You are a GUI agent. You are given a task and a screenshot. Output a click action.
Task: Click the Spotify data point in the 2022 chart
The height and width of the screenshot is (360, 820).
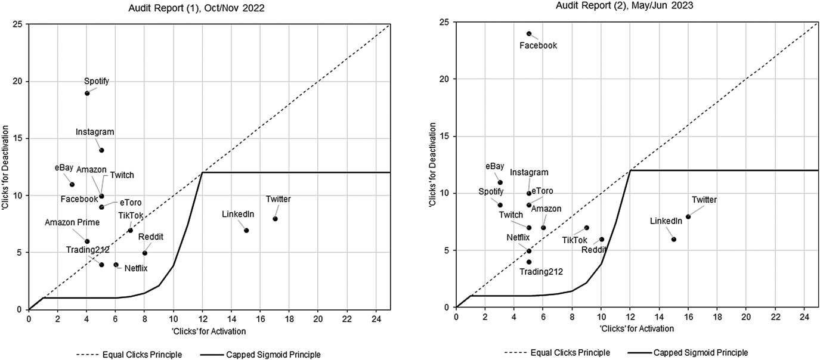pyautogui.click(x=87, y=93)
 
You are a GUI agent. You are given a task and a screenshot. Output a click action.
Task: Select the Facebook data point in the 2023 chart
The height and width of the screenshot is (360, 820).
pyautogui.click(x=529, y=33)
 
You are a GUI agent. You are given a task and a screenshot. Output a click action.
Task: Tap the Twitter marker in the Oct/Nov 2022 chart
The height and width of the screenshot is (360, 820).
pyautogui.click(x=275, y=219)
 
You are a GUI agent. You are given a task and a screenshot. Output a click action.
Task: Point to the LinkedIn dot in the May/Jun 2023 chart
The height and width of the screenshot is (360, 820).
pyautogui.click(x=674, y=239)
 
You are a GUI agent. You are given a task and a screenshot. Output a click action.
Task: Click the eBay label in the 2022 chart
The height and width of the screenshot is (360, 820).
pyautogui.click(x=64, y=169)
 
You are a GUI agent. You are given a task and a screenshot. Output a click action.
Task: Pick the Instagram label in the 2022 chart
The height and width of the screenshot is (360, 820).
pyautogui.click(x=95, y=132)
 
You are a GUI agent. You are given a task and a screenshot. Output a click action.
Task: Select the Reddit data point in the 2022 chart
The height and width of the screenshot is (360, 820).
pyautogui.click(x=145, y=253)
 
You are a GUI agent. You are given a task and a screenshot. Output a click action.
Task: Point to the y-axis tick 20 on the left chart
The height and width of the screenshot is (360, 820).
pyautogui.click(x=18, y=82)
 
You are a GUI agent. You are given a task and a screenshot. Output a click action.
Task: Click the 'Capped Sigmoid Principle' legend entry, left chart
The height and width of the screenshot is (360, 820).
pyautogui.click(x=280, y=355)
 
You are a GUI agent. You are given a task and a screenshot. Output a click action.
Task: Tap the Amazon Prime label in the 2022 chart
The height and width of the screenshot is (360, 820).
pyautogui.click(x=72, y=223)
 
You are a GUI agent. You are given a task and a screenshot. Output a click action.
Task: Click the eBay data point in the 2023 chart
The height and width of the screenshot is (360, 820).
pyautogui.click(x=500, y=182)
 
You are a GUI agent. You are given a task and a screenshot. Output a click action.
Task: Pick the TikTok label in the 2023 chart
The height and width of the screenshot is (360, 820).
pyautogui.click(x=575, y=240)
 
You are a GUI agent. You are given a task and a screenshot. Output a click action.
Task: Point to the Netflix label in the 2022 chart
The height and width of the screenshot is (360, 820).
pyautogui.click(x=136, y=268)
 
